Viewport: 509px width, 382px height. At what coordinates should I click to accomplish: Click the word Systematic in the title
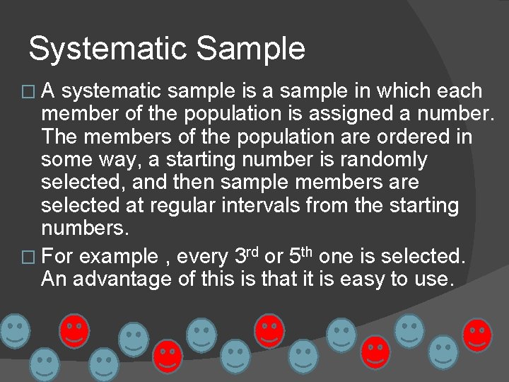pos(109,49)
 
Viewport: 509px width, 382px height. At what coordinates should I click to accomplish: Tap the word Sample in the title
pos(251,49)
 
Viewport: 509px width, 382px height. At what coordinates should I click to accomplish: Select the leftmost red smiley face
pos(74,330)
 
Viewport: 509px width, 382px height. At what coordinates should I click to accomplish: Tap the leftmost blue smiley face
pos(14,330)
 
